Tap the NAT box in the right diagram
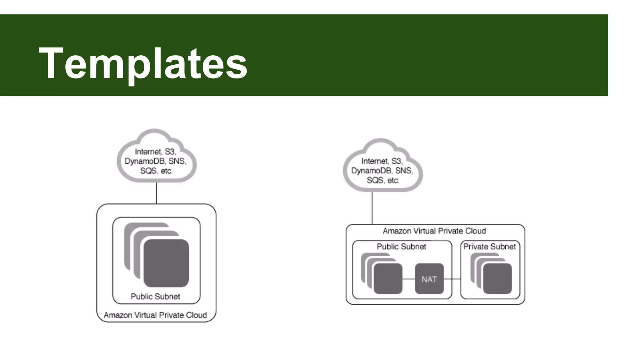click(429, 279)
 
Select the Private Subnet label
click(489, 247)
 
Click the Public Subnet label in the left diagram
click(155, 296)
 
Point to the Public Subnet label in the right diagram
click(401, 247)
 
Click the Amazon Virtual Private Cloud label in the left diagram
click(155, 315)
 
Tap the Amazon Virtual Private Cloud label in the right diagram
click(434, 231)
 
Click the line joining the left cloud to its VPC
click(157, 193)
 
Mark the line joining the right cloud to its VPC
click(372, 208)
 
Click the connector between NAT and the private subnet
click(452, 279)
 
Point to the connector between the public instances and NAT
click(408, 279)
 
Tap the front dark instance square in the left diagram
click(166, 263)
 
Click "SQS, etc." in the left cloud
click(156, 171)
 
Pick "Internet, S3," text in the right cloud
click(382, 161)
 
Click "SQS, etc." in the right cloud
click(383, 180)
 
